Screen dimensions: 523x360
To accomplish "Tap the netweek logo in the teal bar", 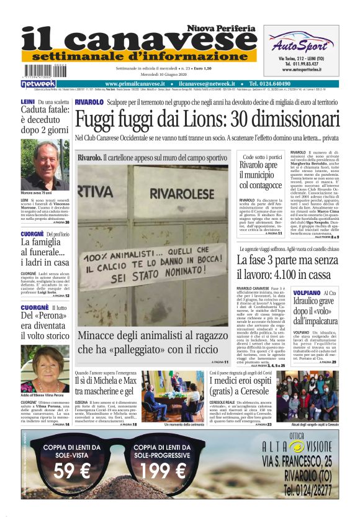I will (x=38, y=83).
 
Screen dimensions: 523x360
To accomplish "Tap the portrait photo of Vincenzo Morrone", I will (x=52, y=166).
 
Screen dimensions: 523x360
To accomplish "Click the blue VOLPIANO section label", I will (x=307, y=293).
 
